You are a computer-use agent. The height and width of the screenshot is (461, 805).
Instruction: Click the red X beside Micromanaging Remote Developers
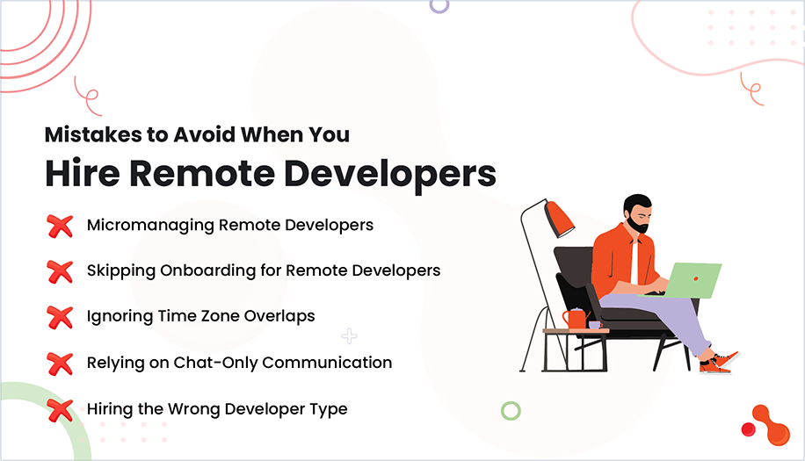click(60, 226)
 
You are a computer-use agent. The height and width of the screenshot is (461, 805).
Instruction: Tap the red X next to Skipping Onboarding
click(60, 271)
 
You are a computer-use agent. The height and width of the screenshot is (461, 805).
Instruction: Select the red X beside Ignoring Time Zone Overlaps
click(60, 317)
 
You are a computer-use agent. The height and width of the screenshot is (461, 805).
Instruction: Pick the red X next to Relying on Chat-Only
click(60, 363)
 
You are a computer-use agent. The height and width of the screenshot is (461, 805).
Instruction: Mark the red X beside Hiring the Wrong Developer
click(60, 409)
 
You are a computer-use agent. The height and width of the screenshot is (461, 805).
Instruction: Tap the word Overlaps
click(282, 316)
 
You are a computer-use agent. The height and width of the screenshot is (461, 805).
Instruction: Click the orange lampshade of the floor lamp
click(559, 216)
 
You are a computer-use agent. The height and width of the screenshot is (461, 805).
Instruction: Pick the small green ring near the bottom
click(511, 410)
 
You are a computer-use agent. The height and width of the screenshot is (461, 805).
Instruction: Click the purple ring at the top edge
click(439, 4)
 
